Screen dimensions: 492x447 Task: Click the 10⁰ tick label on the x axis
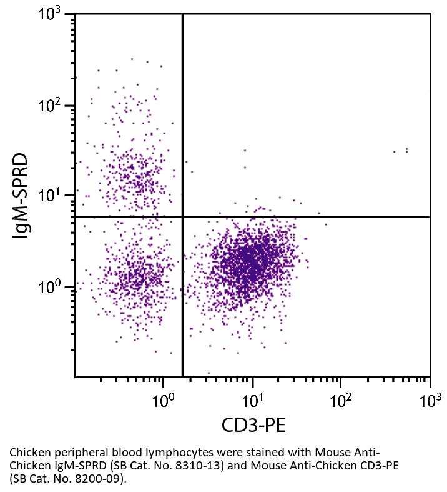(x=163, y=398)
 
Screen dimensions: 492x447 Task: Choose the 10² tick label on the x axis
(x=340, y=398)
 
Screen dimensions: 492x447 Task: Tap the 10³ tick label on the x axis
(x=429, y=398)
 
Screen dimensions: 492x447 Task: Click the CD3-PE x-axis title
(x=253, y=426)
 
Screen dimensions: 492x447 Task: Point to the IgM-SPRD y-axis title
(x=22, y=196)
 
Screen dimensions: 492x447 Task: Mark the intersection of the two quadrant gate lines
(x=182, y=216)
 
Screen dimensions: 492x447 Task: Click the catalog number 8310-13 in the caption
(x=197, y=466)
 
